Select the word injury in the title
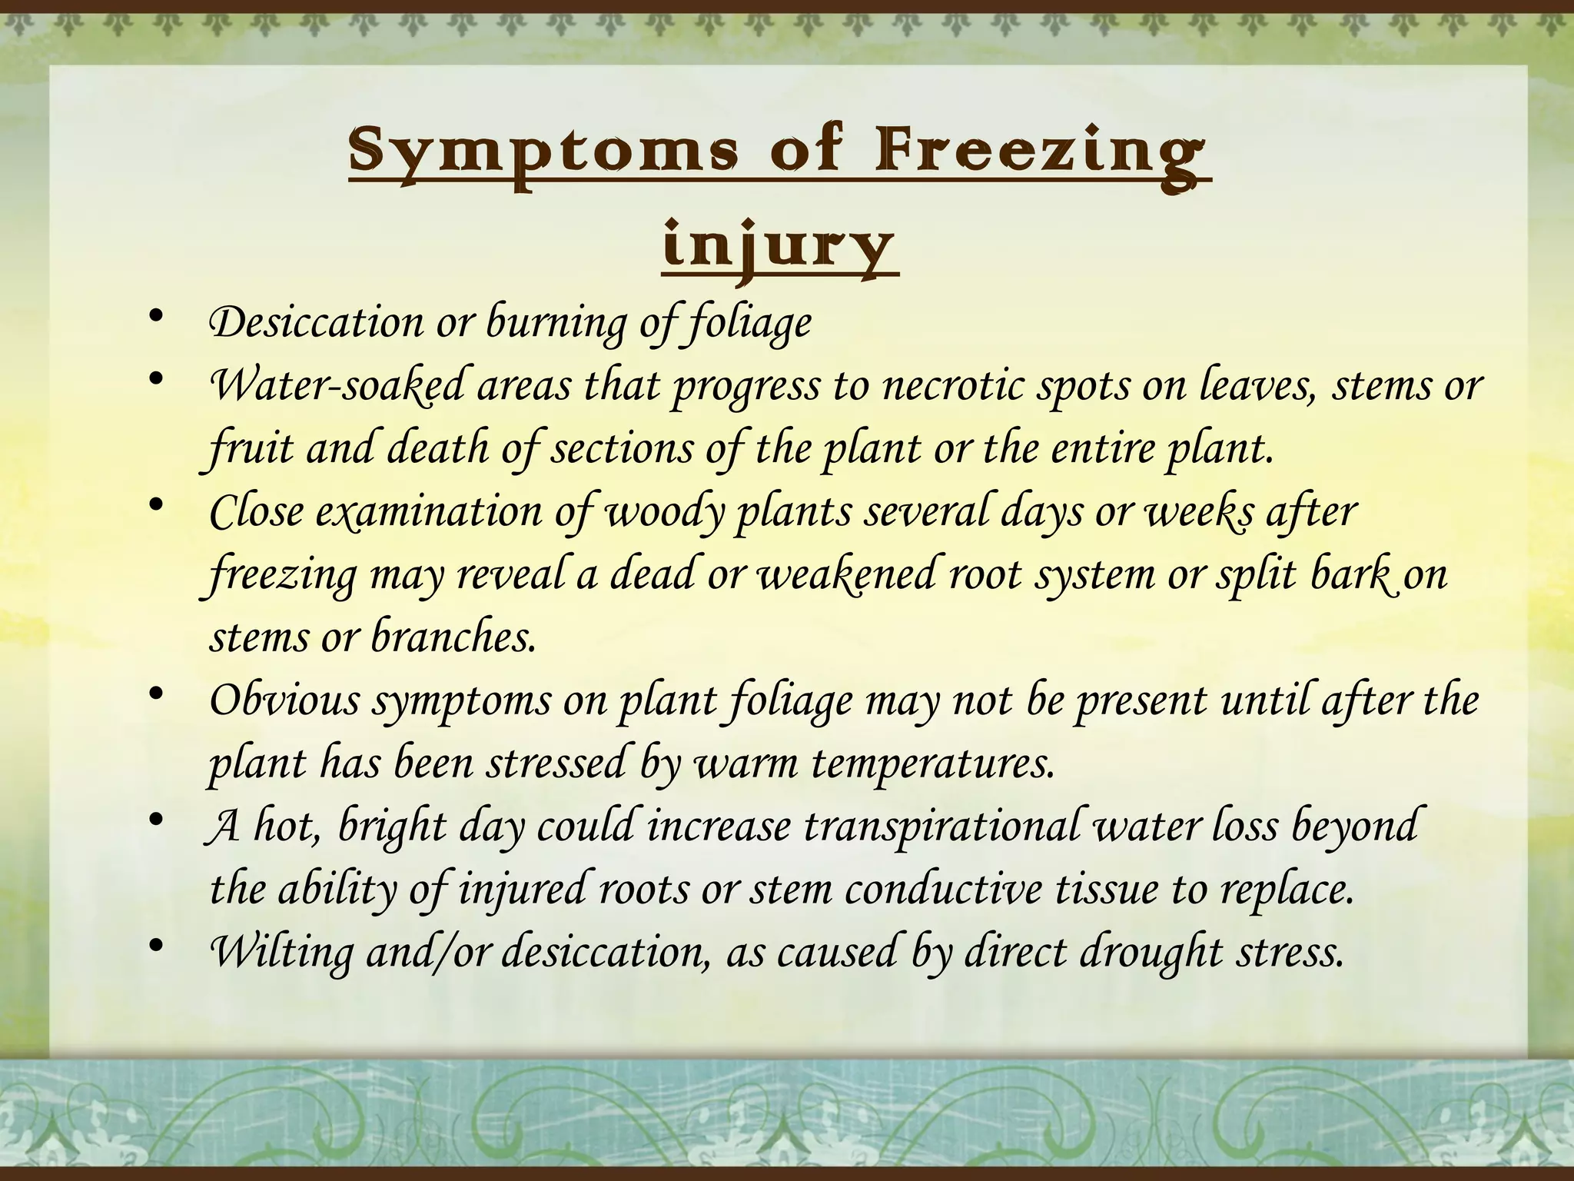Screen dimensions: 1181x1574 coord(779,246)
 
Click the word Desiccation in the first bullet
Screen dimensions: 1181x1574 coord(316,322)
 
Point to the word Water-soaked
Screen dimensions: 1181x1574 coord(337,385)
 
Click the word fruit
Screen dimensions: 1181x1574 coord(251,448)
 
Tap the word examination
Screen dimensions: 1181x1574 coord(429,511)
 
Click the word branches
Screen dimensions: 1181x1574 coord(453,637)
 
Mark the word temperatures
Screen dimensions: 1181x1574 coord(933,763)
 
